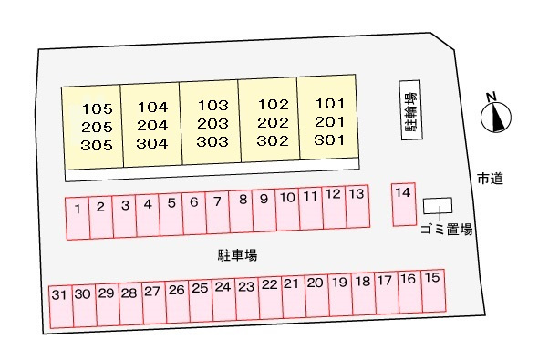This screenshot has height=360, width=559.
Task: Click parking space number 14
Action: pos(404,204)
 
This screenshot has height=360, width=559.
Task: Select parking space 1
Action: pos(78,218)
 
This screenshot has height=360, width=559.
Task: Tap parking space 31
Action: pos(60,305)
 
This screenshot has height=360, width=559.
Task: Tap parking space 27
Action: pos(152,303)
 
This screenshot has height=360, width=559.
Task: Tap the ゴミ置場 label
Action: pos(447,231)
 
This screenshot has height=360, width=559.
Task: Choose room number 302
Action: pos(272,141)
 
